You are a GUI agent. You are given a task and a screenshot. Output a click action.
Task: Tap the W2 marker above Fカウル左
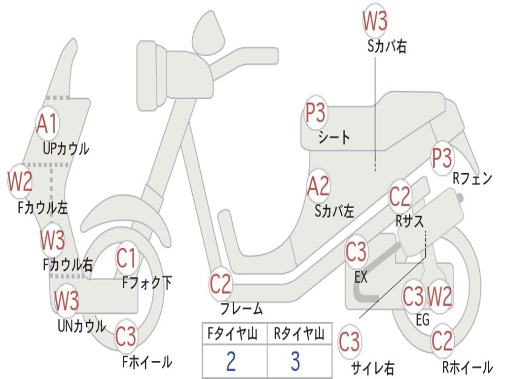(20, 182)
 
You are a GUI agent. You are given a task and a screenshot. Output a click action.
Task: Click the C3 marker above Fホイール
(126, 336)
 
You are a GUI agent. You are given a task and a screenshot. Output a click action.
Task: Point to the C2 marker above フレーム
(220, 283)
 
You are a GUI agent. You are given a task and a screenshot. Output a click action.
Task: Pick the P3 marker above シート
(316, 112)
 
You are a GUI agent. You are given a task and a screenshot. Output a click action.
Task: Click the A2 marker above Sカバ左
(319, 186)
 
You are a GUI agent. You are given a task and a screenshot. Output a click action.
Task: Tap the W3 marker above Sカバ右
(375, 20)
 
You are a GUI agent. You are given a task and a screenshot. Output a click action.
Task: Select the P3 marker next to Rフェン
(442, 158)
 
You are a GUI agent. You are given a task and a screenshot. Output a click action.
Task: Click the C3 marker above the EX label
(356, 252)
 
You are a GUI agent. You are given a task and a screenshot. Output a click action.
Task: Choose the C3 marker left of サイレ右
(350, 341)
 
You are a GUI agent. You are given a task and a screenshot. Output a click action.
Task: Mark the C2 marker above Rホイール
(442, 341)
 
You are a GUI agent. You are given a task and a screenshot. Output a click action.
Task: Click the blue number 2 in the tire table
(231, 361)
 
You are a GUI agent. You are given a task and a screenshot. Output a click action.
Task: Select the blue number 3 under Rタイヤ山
(296, 361)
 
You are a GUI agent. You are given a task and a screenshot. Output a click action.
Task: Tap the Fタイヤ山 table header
(233, 334)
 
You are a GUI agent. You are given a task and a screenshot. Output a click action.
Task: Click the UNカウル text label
(82, 326)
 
